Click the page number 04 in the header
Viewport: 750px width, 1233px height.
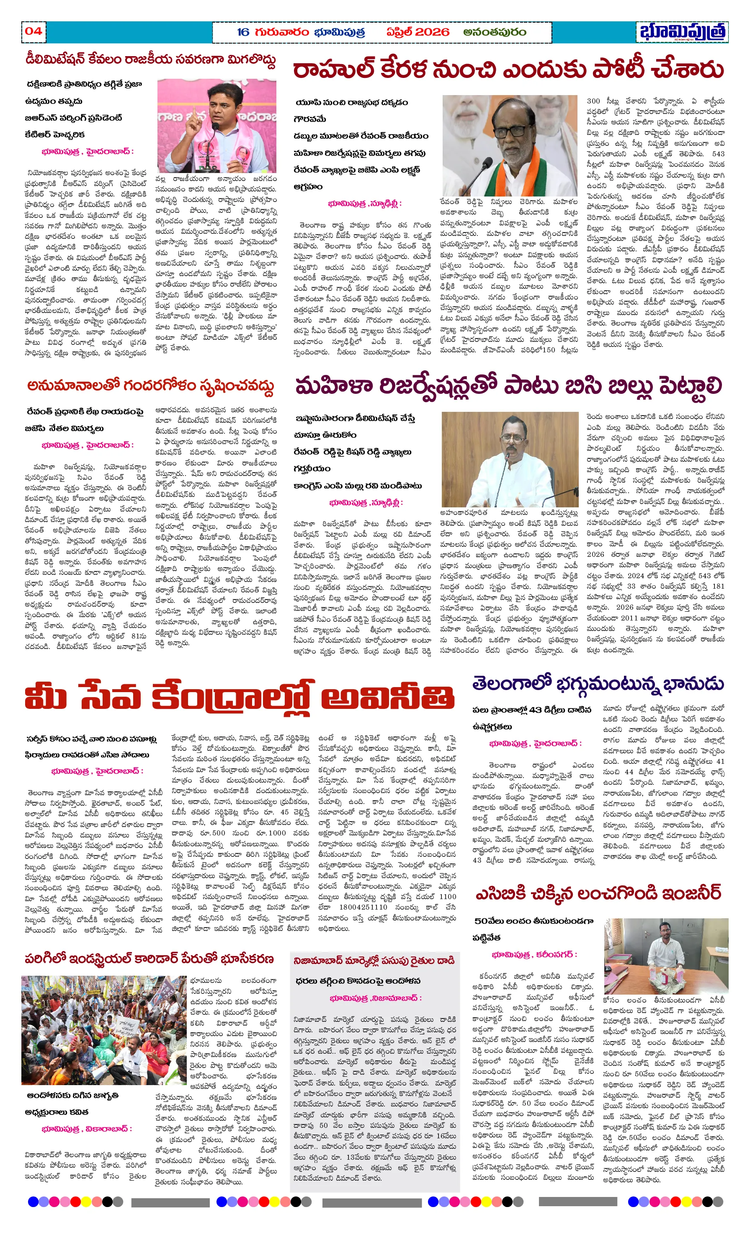33,31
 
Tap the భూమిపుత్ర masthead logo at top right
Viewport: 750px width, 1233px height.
683,32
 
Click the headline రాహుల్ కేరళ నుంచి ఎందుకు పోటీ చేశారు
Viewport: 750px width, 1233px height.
508,70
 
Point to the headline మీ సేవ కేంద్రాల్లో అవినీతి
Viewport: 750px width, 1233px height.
240,697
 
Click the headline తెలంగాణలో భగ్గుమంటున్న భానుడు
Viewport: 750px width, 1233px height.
598,684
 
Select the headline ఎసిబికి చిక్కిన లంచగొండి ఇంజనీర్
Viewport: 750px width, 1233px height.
598,894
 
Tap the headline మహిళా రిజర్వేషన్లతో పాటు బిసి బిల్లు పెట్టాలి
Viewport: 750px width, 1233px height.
508,386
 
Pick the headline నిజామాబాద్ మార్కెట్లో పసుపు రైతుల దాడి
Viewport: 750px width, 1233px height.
374,960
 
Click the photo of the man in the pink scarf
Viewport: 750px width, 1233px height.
216,125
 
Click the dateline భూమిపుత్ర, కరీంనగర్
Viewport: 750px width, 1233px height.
534,955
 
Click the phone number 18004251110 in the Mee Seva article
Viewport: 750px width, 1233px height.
363,907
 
